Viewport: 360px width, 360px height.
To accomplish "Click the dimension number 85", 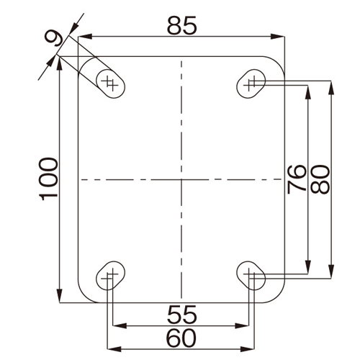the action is pos(182,26).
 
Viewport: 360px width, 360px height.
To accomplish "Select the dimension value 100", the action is pos(48,179).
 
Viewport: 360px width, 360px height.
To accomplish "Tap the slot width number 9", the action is pos(54,38).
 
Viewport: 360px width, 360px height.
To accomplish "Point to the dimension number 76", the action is pos(297,179).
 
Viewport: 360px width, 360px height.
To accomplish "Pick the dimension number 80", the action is pos(320,179).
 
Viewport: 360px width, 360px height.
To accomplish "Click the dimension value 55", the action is pos(182,315).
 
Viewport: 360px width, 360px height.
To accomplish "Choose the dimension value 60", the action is pos(181,338).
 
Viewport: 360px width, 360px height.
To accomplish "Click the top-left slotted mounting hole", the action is pos(110,84).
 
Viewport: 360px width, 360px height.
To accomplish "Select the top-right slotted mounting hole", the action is pos(251,84).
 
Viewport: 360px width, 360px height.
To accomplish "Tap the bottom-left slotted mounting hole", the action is pos(110,276).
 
